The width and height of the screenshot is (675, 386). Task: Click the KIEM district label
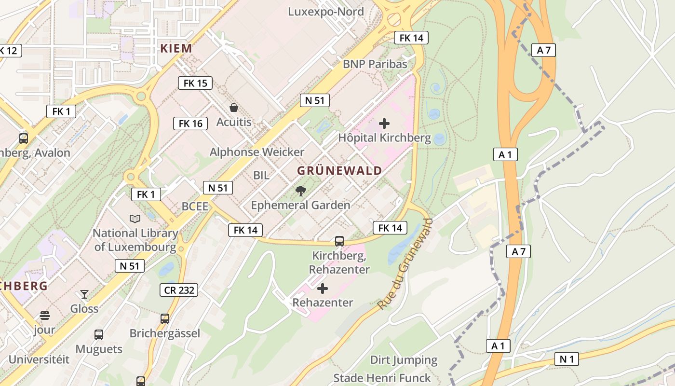coord(176,48)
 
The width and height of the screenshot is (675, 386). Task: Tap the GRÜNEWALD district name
coord(339,171)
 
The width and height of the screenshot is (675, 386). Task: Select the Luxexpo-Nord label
coord(325,12)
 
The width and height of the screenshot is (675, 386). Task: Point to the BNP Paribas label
coord(375,64)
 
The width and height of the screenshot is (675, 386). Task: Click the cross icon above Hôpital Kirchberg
coord(384,124)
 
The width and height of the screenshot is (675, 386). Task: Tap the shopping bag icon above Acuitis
coord(234,108)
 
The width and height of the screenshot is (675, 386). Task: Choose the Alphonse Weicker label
coord(256,152)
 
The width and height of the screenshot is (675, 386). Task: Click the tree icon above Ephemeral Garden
coord(301,191)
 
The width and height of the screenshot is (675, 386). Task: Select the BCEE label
coord(195,207)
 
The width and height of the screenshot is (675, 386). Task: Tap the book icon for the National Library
coord(135,219)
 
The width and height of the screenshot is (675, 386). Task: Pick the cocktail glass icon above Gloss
coord(84,294)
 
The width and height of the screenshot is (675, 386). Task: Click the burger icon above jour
coord(45,316)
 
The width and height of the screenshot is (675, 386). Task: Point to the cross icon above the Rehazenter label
coord(323,289)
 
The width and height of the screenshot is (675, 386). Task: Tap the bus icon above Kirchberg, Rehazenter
coord(339,241)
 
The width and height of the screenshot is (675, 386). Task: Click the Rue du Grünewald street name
coord(405,264)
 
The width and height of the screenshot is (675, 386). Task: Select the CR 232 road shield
coord(178,290)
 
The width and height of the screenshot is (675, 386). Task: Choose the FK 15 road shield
coord(195,83)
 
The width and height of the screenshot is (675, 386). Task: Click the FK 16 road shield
coord(190,124)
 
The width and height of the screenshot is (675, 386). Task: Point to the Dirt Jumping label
coord(404,360)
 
